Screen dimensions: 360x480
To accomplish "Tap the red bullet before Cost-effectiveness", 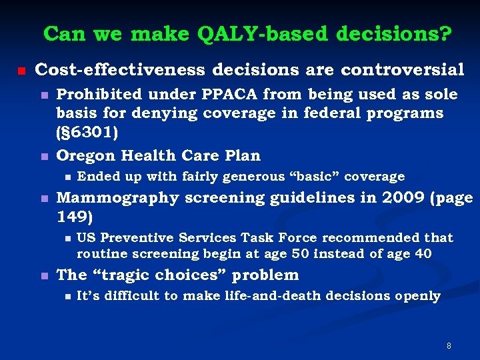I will (21, 70).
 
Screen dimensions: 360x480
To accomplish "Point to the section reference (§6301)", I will (87, 132).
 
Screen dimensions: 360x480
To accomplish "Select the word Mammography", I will (118, 198).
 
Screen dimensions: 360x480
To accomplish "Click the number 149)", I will (75, 217).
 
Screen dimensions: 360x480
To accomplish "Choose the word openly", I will (417, 296).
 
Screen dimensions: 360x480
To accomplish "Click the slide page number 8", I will (449, 345).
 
